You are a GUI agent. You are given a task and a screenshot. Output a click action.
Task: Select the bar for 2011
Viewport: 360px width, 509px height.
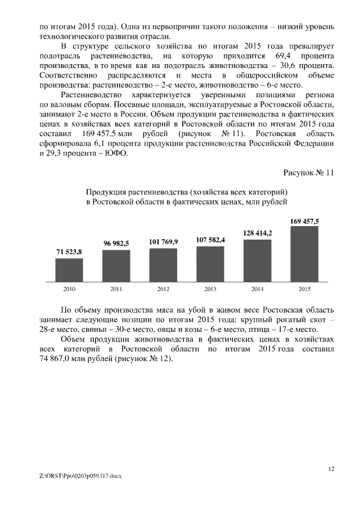pyautogui.click(x=116, y=265)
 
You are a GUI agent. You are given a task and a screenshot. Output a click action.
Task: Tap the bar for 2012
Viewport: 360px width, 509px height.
pyautogui.click(x=163, y=264)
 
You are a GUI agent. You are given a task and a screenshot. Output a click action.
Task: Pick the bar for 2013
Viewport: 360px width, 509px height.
pyautogui.click(x=210, y=263)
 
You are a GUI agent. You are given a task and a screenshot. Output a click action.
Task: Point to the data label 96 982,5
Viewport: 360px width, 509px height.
pyautogui.click(x=116, y=243)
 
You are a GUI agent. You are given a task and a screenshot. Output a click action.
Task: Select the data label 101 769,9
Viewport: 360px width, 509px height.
pyautogui.click(x=163, y=241)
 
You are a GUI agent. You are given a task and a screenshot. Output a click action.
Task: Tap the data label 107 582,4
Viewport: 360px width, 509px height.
pyautogui.click(x=210, y=240)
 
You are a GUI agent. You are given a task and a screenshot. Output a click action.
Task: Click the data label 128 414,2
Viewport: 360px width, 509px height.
pyautogui.click(x=258, y=233)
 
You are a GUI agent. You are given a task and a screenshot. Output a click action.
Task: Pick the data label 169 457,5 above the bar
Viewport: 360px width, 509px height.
pyautogui.click(x=304, y=221)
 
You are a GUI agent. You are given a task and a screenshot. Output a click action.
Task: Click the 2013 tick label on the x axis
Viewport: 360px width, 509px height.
pyautogui.click(x=210, y=289)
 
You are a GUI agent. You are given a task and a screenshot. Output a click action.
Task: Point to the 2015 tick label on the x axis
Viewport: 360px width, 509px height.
pyautogui.click(x=304, y=289)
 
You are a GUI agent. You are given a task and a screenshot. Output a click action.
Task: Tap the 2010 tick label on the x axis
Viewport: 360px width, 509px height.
pyautogui.click(x=70, y=289)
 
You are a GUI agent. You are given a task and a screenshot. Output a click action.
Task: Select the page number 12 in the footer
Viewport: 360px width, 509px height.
pyautogui.click(x=331, y=468)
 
